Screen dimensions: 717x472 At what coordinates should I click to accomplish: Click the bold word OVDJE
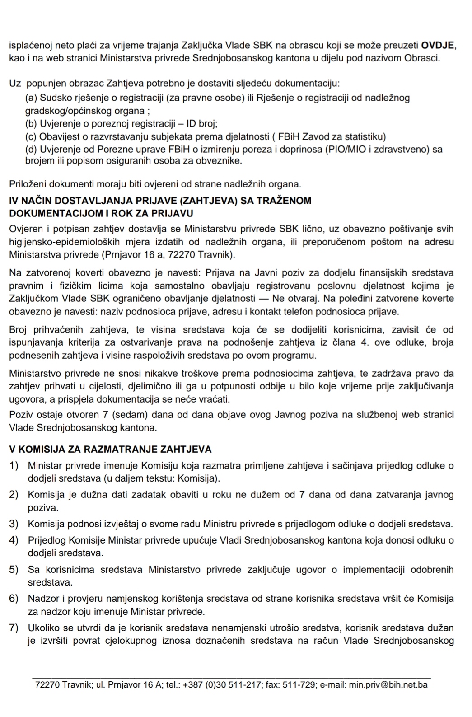[x=438, y=45]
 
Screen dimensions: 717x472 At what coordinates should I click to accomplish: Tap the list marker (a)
[x=31, y=98]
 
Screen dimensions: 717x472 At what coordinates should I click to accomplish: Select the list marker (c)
[x=31, y=136]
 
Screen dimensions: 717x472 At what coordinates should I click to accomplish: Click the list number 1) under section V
[x=14, y=465]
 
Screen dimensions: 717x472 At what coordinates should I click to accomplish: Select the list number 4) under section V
[x=14, y=540]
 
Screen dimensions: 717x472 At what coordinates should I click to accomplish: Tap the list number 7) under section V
[x=14, y=628]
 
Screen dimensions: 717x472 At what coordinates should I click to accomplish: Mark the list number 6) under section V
[x=14, y=599]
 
